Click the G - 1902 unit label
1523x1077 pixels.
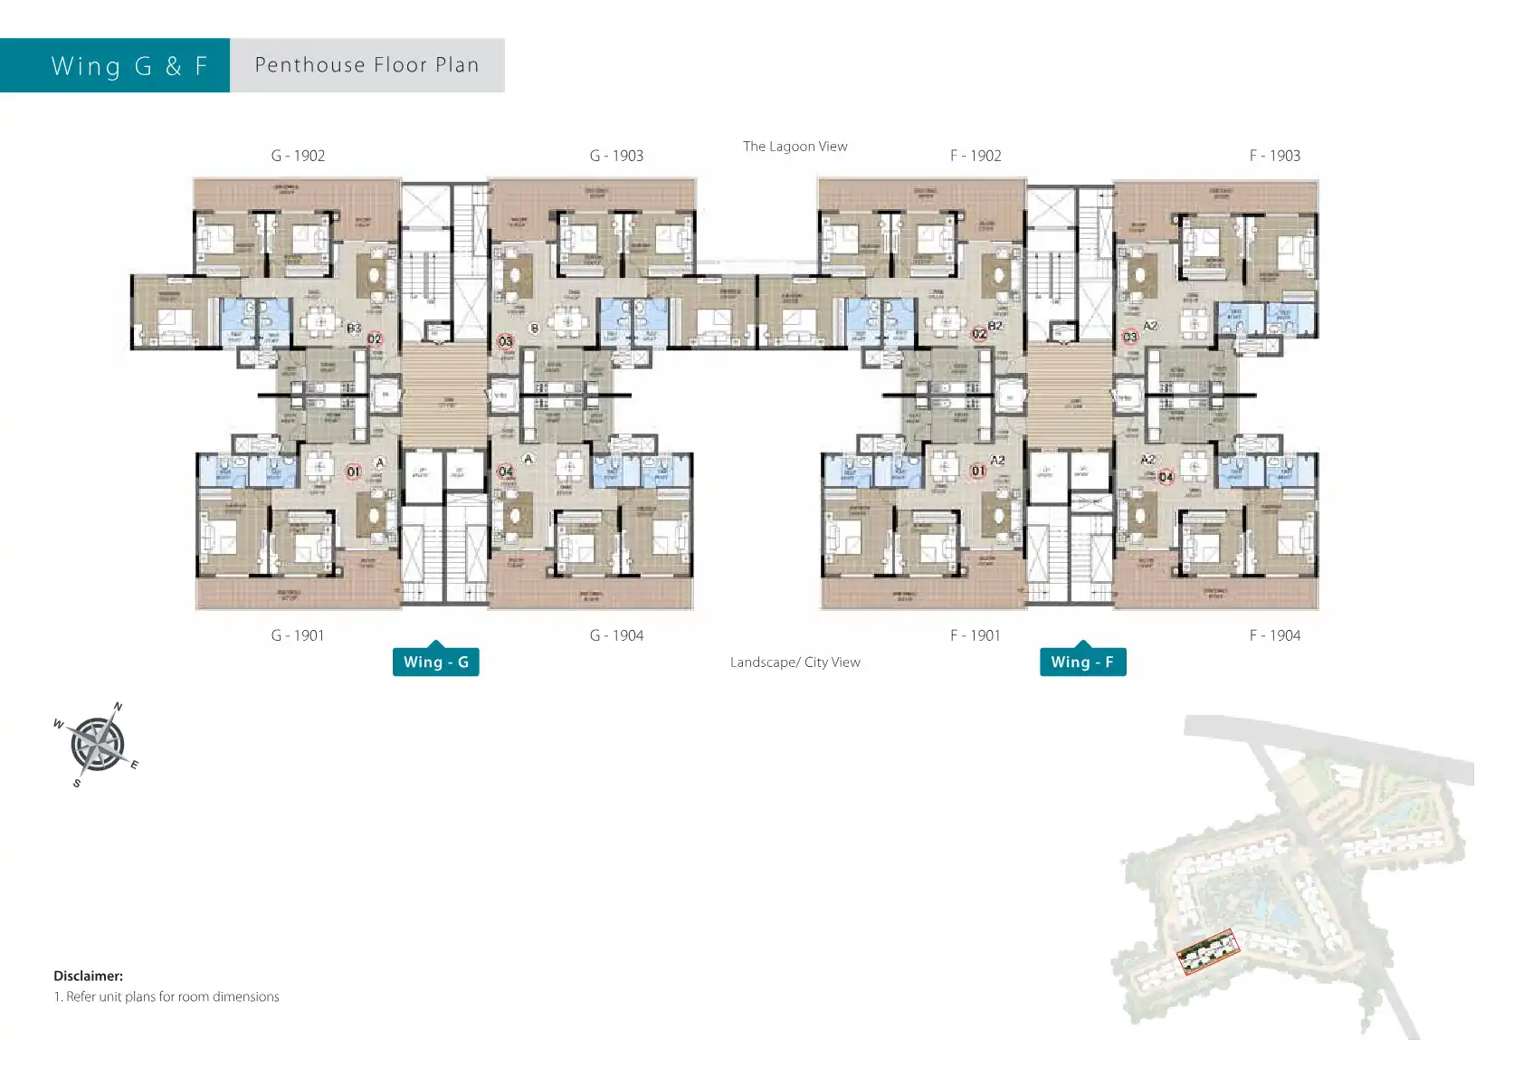pos(298,156)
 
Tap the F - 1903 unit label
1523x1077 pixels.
pos(1274,156)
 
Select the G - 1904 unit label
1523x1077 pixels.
pos(616,635)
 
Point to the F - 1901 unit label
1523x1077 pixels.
pos(975,635)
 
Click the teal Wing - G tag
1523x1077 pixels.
pos(435,662)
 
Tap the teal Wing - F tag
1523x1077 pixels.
pos(1082,662)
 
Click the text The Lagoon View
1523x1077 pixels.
pos(795,147)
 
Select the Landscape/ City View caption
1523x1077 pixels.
pos(795,662)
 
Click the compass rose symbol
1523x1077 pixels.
pos(97,744)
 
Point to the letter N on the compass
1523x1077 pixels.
pos(118,707)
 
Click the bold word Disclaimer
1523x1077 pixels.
pos(88,976)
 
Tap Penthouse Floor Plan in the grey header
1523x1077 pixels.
pos(366,65)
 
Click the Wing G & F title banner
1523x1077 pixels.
pos(129,66)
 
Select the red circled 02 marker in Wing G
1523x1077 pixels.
pos(375,339)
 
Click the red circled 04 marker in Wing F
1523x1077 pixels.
pos(1166,477)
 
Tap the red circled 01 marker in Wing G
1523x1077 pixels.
pos(353,472)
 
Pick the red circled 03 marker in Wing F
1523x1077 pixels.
pos(1129,337)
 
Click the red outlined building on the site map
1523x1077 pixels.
pos(1207,951)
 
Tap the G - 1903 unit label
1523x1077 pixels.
pos(616,156)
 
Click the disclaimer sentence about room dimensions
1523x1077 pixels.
pos(167,996)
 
